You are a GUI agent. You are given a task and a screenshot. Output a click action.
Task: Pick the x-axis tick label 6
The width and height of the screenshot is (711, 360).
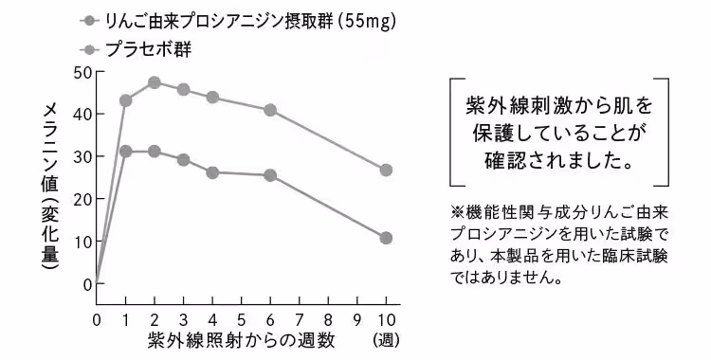tap(270, 319)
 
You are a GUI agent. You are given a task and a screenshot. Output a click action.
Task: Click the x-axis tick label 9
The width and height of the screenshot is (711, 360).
tap(357, 319)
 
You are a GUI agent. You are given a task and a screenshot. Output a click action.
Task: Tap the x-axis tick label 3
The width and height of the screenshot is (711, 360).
tap(183, 319)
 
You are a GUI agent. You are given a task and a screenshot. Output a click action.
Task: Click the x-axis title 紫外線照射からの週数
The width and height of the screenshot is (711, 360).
tap(241, 341)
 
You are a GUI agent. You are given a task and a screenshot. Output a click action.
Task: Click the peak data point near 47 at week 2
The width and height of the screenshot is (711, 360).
tap(155, 82)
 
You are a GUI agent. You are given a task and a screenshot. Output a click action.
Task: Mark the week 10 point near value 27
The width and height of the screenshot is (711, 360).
tap(386, 171)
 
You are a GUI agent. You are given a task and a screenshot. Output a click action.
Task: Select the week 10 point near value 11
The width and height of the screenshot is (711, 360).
tap(386, 238)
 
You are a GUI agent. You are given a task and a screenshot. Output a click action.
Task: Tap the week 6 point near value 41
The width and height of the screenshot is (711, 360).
tap(270, 110)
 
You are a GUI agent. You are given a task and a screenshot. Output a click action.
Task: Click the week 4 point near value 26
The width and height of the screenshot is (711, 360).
tap(212, 172)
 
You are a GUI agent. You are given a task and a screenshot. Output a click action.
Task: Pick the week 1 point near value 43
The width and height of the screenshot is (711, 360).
tap(125, 100)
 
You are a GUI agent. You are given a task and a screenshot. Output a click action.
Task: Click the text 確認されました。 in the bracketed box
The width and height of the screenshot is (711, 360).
tap(558, 159)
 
